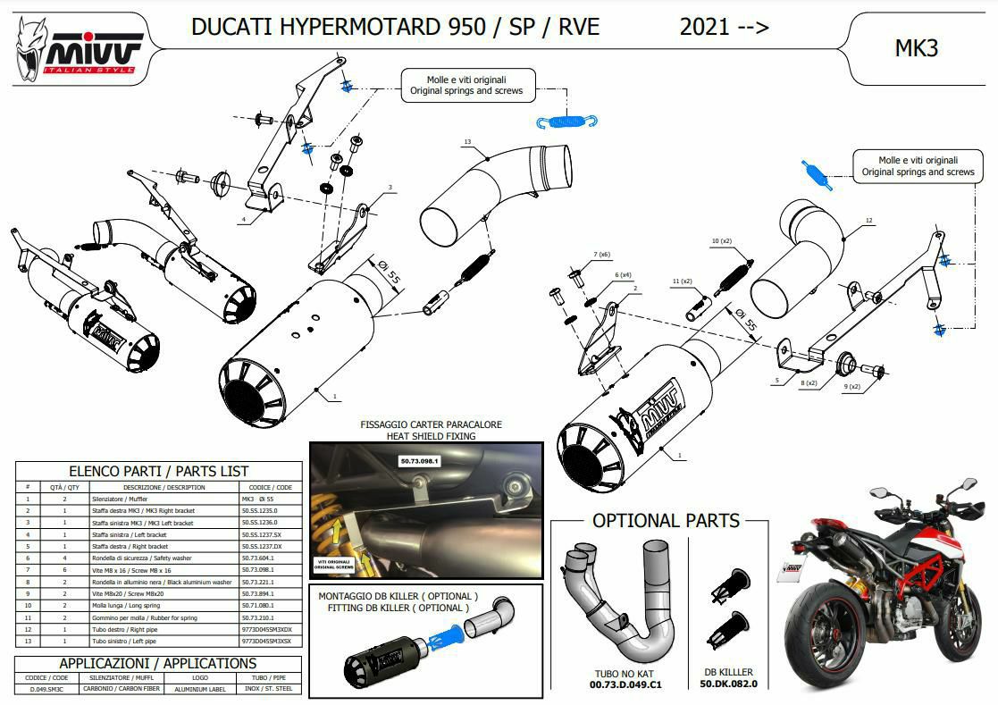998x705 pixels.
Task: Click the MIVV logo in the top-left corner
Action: pyautogui.click(x=78, y=50)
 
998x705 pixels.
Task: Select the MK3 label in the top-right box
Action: pyautogui.click(x=916, y=48)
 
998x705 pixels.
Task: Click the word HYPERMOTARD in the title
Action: pyautogui.click(x=348, y=27)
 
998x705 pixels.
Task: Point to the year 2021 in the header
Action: pyautogui.click(x=704, y=27)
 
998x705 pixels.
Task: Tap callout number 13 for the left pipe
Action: pyautogui.click(x=467, y=142)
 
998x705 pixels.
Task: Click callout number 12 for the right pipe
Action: pyautogui.click(x=868, y=220)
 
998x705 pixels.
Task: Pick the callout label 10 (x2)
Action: pyautogui.click(x=721, y=241)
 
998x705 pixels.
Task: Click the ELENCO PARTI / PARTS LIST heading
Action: pyautogui.click(x=159, y=471)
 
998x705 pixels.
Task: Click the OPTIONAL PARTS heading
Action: pyautogui.click(x=667, y=520)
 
